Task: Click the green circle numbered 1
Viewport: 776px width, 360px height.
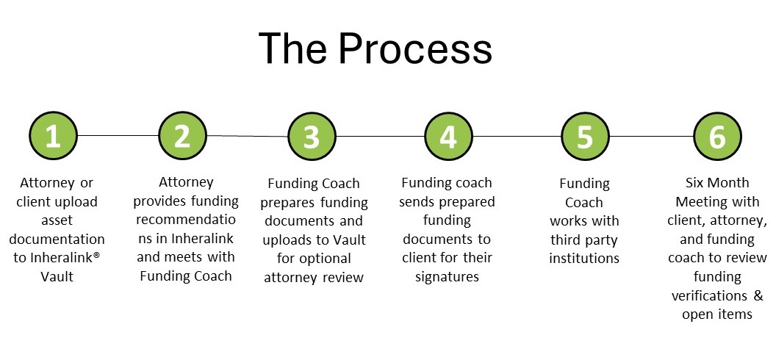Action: click(x=53, y=137)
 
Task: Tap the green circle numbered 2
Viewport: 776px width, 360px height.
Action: click(x=183, y=136)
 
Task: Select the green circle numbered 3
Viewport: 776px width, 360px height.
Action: click(x=312, y=137)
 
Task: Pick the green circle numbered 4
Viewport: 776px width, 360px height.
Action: click(x=448, y=137)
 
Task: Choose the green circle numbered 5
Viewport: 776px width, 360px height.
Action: click(x=585, y=137)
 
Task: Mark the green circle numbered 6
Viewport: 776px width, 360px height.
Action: click(x=717, y=137)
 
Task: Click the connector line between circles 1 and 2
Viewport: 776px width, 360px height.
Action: click(x=118, y=136)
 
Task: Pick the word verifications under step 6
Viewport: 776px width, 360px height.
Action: click(x=711, y=295)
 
